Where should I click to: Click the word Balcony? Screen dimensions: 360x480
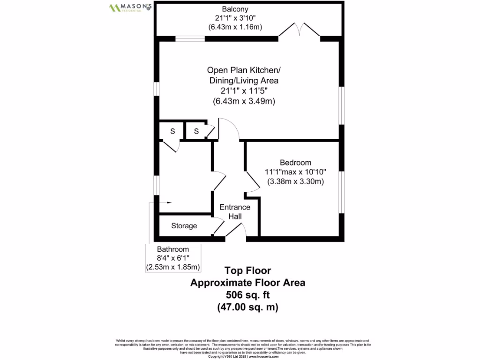[x=235, y=9]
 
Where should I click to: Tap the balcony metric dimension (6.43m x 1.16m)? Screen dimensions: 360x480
[x=235, y=27]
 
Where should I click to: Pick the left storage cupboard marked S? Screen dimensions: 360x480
[x=172, y=131]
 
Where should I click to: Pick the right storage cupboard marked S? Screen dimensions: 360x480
[x=196, y=131]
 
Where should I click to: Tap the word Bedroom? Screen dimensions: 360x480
[x=295, y=163]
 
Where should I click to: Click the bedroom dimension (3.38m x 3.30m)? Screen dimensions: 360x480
[x=295, y=181]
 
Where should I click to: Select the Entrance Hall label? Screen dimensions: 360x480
[x=235, y=211]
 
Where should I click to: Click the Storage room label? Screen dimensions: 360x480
[x=184, y=226]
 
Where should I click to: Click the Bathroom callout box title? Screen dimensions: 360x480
[x=173, y=249]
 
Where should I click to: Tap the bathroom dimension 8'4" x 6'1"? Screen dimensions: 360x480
[x=173, y=258]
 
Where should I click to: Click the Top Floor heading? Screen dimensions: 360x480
[x=247, y=270]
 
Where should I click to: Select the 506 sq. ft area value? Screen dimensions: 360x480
[x=247, y=295]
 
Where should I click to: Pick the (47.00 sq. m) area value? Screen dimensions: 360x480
[x=247, y=307]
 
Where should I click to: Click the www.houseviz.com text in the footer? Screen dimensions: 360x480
[x=264, y=357]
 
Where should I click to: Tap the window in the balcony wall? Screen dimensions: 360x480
[x=190, y=39]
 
